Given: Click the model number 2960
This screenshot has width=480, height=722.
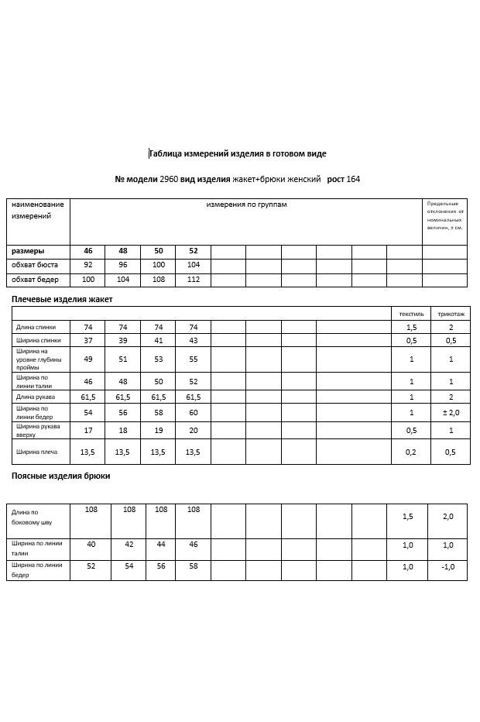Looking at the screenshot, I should click(169, 179).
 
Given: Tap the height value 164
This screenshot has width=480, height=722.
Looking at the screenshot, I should click(353, 179).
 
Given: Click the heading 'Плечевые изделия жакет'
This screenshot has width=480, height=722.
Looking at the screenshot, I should click(62, 298).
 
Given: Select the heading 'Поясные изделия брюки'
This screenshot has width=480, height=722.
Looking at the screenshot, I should click(60, 476).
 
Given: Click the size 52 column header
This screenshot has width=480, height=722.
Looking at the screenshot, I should click(193, 251).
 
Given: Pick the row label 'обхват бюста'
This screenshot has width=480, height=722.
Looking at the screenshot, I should click(35, 265).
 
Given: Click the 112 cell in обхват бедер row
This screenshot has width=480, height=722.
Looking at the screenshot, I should click(193, 279).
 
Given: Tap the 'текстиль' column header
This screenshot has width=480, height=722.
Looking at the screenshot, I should click(411, 314).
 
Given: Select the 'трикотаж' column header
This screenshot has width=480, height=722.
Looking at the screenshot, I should click(451, 314).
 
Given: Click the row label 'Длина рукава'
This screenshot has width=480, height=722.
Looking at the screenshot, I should click(36, 397).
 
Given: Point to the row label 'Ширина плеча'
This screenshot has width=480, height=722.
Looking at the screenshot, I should click(36, 452).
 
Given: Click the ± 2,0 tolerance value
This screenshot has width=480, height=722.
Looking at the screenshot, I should click(451, 412).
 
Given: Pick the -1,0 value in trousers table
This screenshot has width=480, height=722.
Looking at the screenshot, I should click(448, 566).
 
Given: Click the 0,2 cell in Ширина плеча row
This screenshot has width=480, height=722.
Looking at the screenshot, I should click(411, 452).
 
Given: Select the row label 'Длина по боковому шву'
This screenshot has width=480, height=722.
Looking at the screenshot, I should click(30, 517).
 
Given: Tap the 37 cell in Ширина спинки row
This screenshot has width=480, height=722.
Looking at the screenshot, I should click(87, 340).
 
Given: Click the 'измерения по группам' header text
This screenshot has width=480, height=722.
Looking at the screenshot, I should click(246, 205).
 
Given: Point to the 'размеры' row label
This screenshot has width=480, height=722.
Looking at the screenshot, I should click(28, 251).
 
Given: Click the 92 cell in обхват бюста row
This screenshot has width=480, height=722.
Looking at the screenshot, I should click(87, 265).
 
